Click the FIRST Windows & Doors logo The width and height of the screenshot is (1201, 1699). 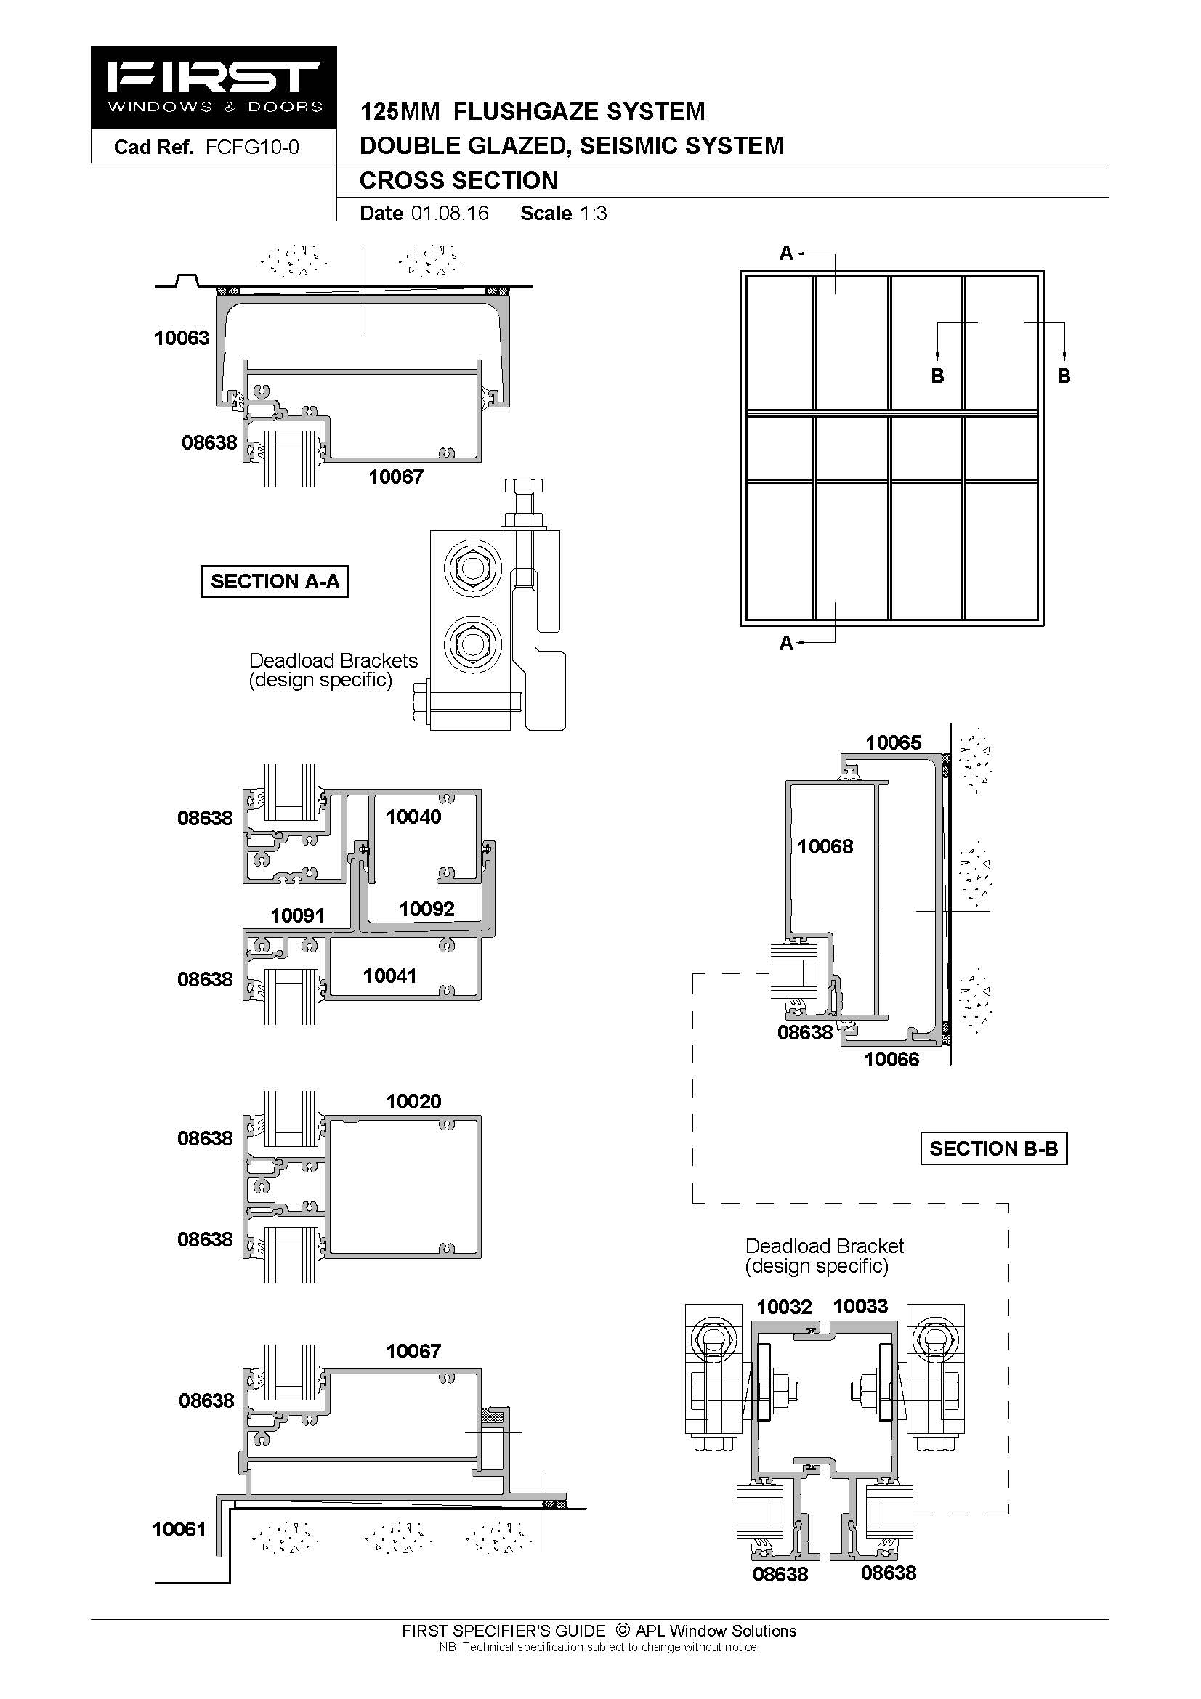tap(214, 88)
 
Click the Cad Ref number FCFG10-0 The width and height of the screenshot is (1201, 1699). tap(252, 147)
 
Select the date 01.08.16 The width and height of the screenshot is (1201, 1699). tap(450, 213)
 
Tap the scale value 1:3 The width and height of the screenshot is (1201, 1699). tap(594, 213)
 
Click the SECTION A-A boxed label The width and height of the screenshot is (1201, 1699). tap(275, 581)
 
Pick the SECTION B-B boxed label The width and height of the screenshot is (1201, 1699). tap(994, 1148)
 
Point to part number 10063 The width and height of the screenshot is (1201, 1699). tap(182, 338)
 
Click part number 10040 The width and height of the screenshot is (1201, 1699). tap(413, 816)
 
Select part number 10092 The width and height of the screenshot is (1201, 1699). tap(427, 909)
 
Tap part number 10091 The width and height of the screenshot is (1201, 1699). tap(297, 915)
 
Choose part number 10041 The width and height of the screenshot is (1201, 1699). tap(390, 976)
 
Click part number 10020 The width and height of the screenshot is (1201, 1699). tap(413, 1101)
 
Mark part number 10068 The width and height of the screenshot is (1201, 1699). tap(825, 846)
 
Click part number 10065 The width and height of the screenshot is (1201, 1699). tap(894, 742)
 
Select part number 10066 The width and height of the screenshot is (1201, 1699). tap(891, 1059)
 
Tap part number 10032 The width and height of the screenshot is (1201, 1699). tap(785, 1307)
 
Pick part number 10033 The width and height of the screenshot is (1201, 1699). tap(860, 1306)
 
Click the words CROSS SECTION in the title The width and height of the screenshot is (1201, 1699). tap(458, 181)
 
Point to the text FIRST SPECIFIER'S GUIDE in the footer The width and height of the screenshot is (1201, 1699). tap(504, 1631)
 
